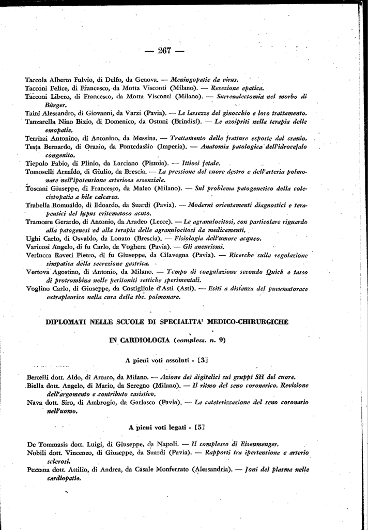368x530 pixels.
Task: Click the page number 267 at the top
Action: pyautogui.click(x=165, y=50)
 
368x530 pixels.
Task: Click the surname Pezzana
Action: pyautogui.click(x=40, y=470)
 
